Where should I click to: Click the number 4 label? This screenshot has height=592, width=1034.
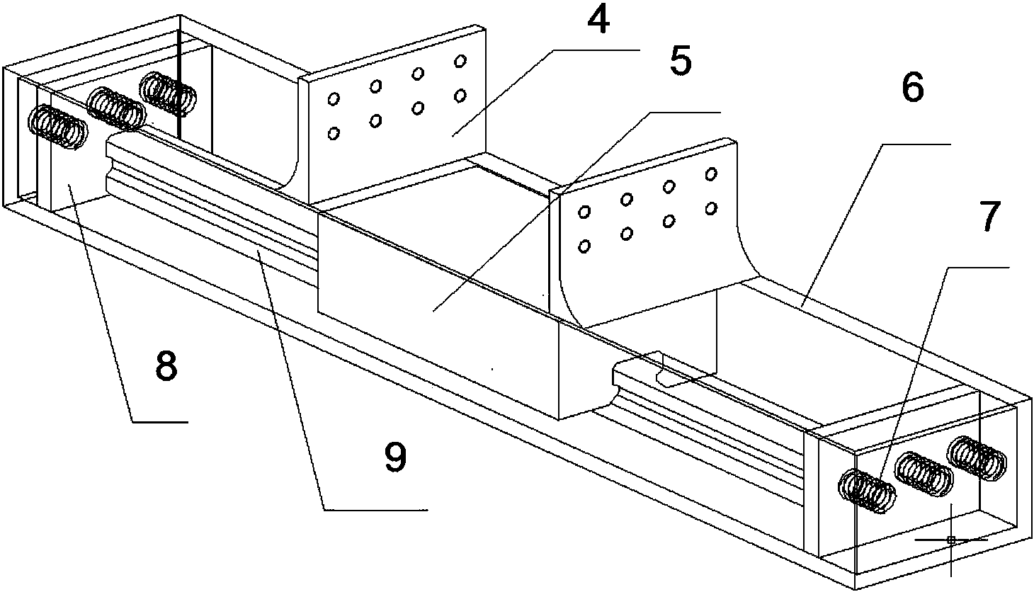[598, 23]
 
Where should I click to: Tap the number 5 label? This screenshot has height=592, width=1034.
[679, 62]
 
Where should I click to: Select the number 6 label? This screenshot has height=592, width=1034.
[912, 89]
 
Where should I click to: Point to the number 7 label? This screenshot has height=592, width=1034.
[990, 217]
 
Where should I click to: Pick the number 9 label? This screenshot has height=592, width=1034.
[395, 457]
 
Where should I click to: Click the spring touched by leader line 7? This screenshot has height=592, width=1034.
[868, 491]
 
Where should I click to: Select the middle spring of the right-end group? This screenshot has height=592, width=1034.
[924, 474]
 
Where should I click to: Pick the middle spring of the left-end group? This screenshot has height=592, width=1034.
[115, 108]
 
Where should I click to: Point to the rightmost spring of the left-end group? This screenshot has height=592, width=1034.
[169, 93]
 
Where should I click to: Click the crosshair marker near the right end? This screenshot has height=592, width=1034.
[950, 540]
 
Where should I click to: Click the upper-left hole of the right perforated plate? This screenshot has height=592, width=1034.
[586, 211]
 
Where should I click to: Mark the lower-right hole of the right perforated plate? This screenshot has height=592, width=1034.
[711, 207]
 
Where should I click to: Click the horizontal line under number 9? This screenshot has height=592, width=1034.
[375, 510]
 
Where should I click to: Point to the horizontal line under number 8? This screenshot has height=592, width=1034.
[159, 422]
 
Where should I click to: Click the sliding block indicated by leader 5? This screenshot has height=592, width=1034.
[432, 283]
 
